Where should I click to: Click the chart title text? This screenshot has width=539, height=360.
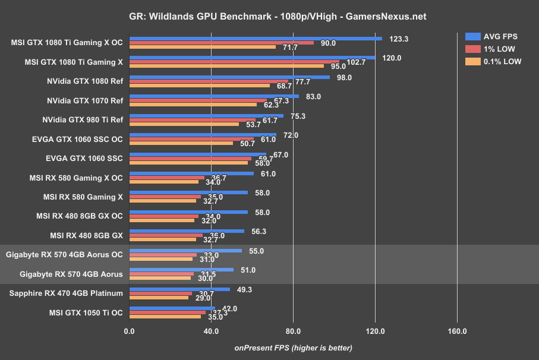coord(269,17)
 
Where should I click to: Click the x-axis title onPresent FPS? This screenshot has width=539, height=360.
coord(293,348)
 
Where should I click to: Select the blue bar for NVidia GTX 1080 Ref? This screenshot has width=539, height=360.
coord(229,77)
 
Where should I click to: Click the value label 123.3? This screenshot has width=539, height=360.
coord(399,39)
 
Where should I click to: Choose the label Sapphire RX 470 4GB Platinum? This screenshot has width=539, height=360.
coord(66,293)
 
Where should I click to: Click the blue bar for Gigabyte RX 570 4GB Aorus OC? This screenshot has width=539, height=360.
coord(185,251)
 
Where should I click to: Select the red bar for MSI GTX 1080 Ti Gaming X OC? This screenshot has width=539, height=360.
coord(222,43)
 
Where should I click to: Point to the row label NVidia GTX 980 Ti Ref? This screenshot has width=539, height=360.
coord(83,119)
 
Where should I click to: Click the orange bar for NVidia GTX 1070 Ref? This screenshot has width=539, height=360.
coord(193,105)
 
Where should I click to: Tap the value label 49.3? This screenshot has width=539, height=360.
coord(245,289)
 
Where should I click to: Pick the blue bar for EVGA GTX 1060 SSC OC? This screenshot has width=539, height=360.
coord(203,135)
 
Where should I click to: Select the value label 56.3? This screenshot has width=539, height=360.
coord(259,232)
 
